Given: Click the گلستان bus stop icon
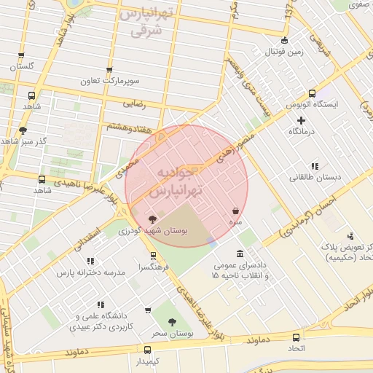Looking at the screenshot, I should point(20,55).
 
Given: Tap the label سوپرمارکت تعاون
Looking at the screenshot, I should point(109,82).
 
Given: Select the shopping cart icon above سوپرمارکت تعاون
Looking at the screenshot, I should point(109,71).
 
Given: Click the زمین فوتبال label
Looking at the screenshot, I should point(284,52).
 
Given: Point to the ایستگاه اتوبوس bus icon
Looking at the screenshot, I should point(311,94).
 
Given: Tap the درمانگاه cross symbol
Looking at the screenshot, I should point(302,119).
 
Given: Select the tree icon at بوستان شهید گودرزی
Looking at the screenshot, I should point(152,219).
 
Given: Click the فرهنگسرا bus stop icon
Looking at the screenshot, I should point(152,256).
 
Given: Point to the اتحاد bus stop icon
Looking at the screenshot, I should point(296,337).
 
